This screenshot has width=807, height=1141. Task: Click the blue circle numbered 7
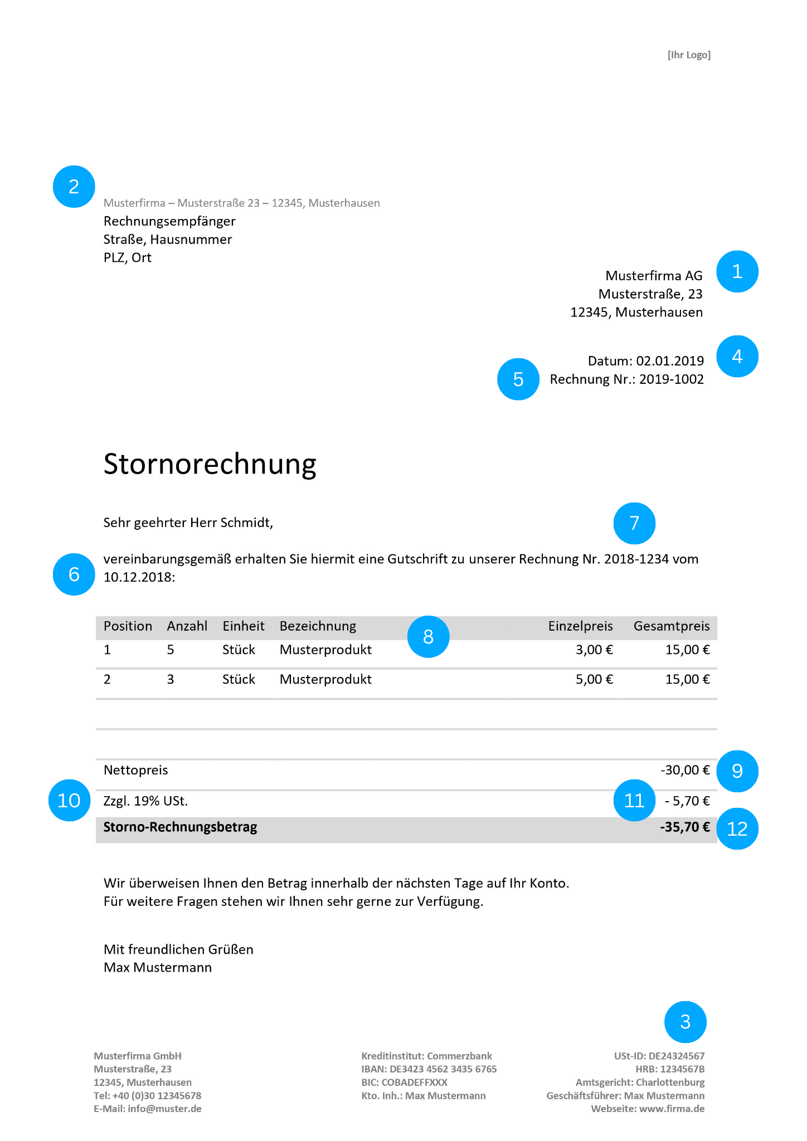634,524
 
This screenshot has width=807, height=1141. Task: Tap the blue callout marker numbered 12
737,829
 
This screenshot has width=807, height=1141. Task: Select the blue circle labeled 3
685,1022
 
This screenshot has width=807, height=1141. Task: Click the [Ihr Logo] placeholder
689,55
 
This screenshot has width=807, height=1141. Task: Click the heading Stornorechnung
210,464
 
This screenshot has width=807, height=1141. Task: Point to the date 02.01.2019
670,361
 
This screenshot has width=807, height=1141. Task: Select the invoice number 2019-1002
671,379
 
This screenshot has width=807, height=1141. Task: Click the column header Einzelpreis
580,626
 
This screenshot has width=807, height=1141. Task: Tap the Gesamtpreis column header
672,626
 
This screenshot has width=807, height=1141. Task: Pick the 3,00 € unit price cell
594,650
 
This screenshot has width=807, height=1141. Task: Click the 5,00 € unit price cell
594,679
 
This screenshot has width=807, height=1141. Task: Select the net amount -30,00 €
685,770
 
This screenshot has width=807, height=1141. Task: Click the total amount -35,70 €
684,827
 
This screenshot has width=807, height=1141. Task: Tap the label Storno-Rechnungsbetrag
180,827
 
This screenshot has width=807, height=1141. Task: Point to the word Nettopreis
135,770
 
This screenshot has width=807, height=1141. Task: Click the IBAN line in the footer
429,1069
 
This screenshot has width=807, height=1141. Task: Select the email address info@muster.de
164,1109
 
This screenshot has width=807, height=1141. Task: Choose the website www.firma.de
672,1109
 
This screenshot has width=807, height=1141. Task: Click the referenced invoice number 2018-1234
636,559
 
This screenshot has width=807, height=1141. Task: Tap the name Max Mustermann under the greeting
158,967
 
